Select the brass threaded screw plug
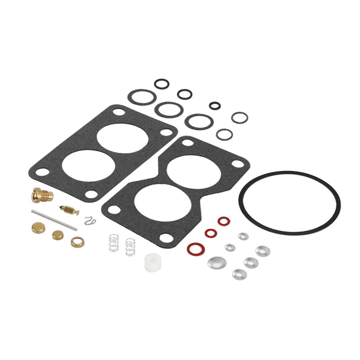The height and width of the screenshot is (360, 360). pyautogui.click(x=42, y=194)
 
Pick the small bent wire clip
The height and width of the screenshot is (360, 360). pyautogui.click(x=90, y=221)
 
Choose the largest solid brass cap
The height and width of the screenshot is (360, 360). pyautogui.click(x=38, y=228)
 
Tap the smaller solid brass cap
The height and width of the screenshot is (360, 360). pyautogui.click(x=58, y=235)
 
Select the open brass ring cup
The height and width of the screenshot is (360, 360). pyautogui.click(x=77, y=242)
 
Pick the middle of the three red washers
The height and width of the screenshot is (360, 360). pyautogui.click(x=211, y=233)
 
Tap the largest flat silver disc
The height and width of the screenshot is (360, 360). pyautogui.click(x=217, y=262)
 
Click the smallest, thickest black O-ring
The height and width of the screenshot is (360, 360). pyautogui.click(x=214, y=105)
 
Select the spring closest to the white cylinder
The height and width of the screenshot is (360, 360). pyautogui.click(x=130, y=246)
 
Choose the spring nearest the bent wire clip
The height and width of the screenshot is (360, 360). pyautogui.click(x=113, y=243)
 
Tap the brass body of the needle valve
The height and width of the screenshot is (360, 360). pyautogui.click(x=70, y=210)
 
